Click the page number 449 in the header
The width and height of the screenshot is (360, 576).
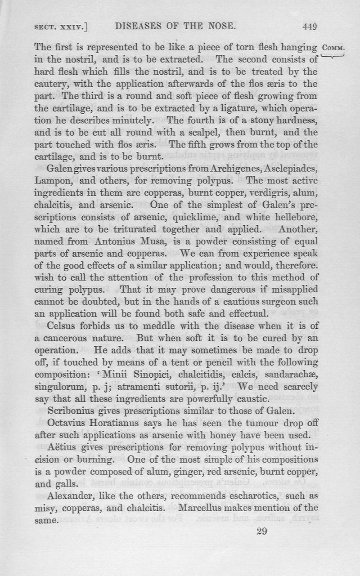[x=310, y=27]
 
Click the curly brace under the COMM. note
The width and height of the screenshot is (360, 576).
[x=333, y=56]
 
